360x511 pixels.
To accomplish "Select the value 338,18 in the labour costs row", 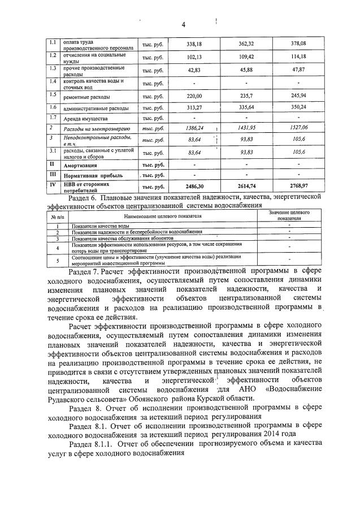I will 194,44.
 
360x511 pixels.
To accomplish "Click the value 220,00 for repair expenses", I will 194,96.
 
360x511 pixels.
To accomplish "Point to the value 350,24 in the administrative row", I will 298,107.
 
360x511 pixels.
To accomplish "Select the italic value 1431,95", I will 246,128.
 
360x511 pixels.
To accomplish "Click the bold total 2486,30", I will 194,185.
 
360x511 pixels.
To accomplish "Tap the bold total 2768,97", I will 298,185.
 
